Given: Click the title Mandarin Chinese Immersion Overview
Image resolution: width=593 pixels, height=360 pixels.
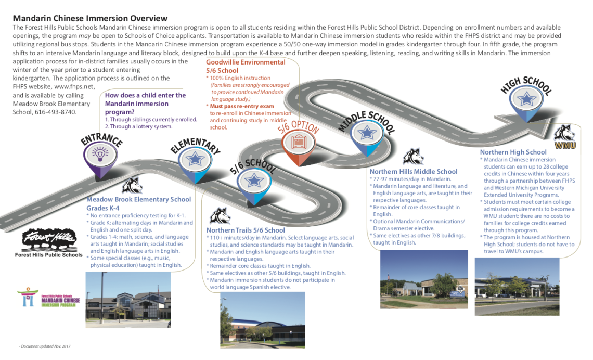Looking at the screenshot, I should pos(90,18).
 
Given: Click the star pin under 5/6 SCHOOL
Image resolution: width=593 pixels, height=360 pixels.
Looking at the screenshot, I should pos(254,180).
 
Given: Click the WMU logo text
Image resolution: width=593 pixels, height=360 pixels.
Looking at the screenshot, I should pos(565,146).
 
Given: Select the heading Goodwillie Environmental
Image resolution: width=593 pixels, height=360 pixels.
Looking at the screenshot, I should pos(246,62).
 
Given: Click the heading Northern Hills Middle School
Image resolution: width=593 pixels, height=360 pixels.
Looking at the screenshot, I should pos(413,172).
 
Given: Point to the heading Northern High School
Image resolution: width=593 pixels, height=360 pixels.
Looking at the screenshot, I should pos(513,152).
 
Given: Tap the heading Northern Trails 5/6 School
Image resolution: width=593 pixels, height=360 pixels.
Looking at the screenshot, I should pos(246,230).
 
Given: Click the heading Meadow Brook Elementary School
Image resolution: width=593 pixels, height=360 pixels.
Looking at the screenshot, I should pos(138,199).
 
